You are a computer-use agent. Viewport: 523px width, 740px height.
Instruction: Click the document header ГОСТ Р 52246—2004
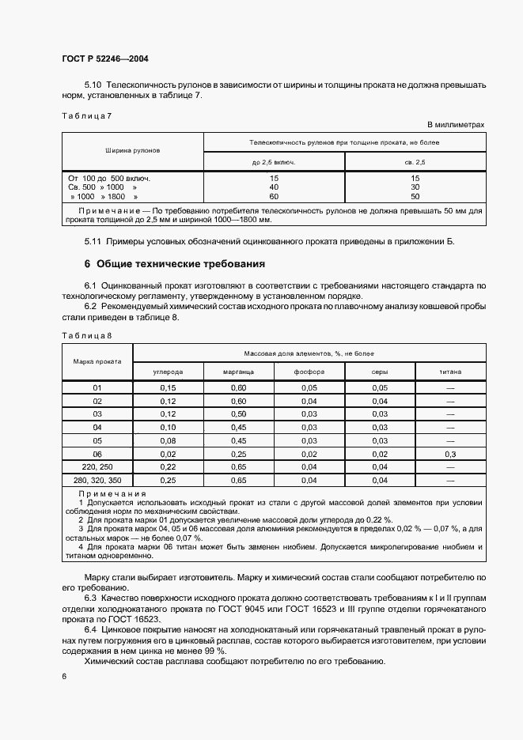tap(105, 59)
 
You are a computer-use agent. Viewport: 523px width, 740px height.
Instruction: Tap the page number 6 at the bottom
tap(64, 677)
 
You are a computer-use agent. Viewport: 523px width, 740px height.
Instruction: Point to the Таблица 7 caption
tap(87, 116)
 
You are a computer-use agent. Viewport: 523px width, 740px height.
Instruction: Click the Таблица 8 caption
tap(87, 336)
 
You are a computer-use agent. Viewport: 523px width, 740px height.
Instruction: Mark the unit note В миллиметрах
tap(455, 125)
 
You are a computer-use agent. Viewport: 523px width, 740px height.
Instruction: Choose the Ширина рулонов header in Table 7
tap(132, 149)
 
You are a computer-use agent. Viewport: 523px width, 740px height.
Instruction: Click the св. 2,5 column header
tap(415, 161)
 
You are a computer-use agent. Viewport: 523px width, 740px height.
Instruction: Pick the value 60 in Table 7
tap(274, 196)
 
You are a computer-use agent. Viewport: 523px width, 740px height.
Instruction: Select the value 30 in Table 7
tap(415, 187)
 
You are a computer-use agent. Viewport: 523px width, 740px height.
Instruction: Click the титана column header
tap(451, 371)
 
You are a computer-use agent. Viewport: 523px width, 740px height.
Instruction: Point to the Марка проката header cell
tap(97, 361)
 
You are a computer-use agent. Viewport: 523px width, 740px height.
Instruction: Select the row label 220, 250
tap(97, 467)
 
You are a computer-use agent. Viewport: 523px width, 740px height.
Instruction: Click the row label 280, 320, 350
tap(97, 480)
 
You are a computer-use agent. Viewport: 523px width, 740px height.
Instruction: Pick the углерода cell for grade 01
tap(168, 387)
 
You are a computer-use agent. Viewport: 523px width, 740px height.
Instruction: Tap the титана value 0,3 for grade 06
tap(451, 454)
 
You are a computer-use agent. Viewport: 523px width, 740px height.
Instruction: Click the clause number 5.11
tap(93, 240)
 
